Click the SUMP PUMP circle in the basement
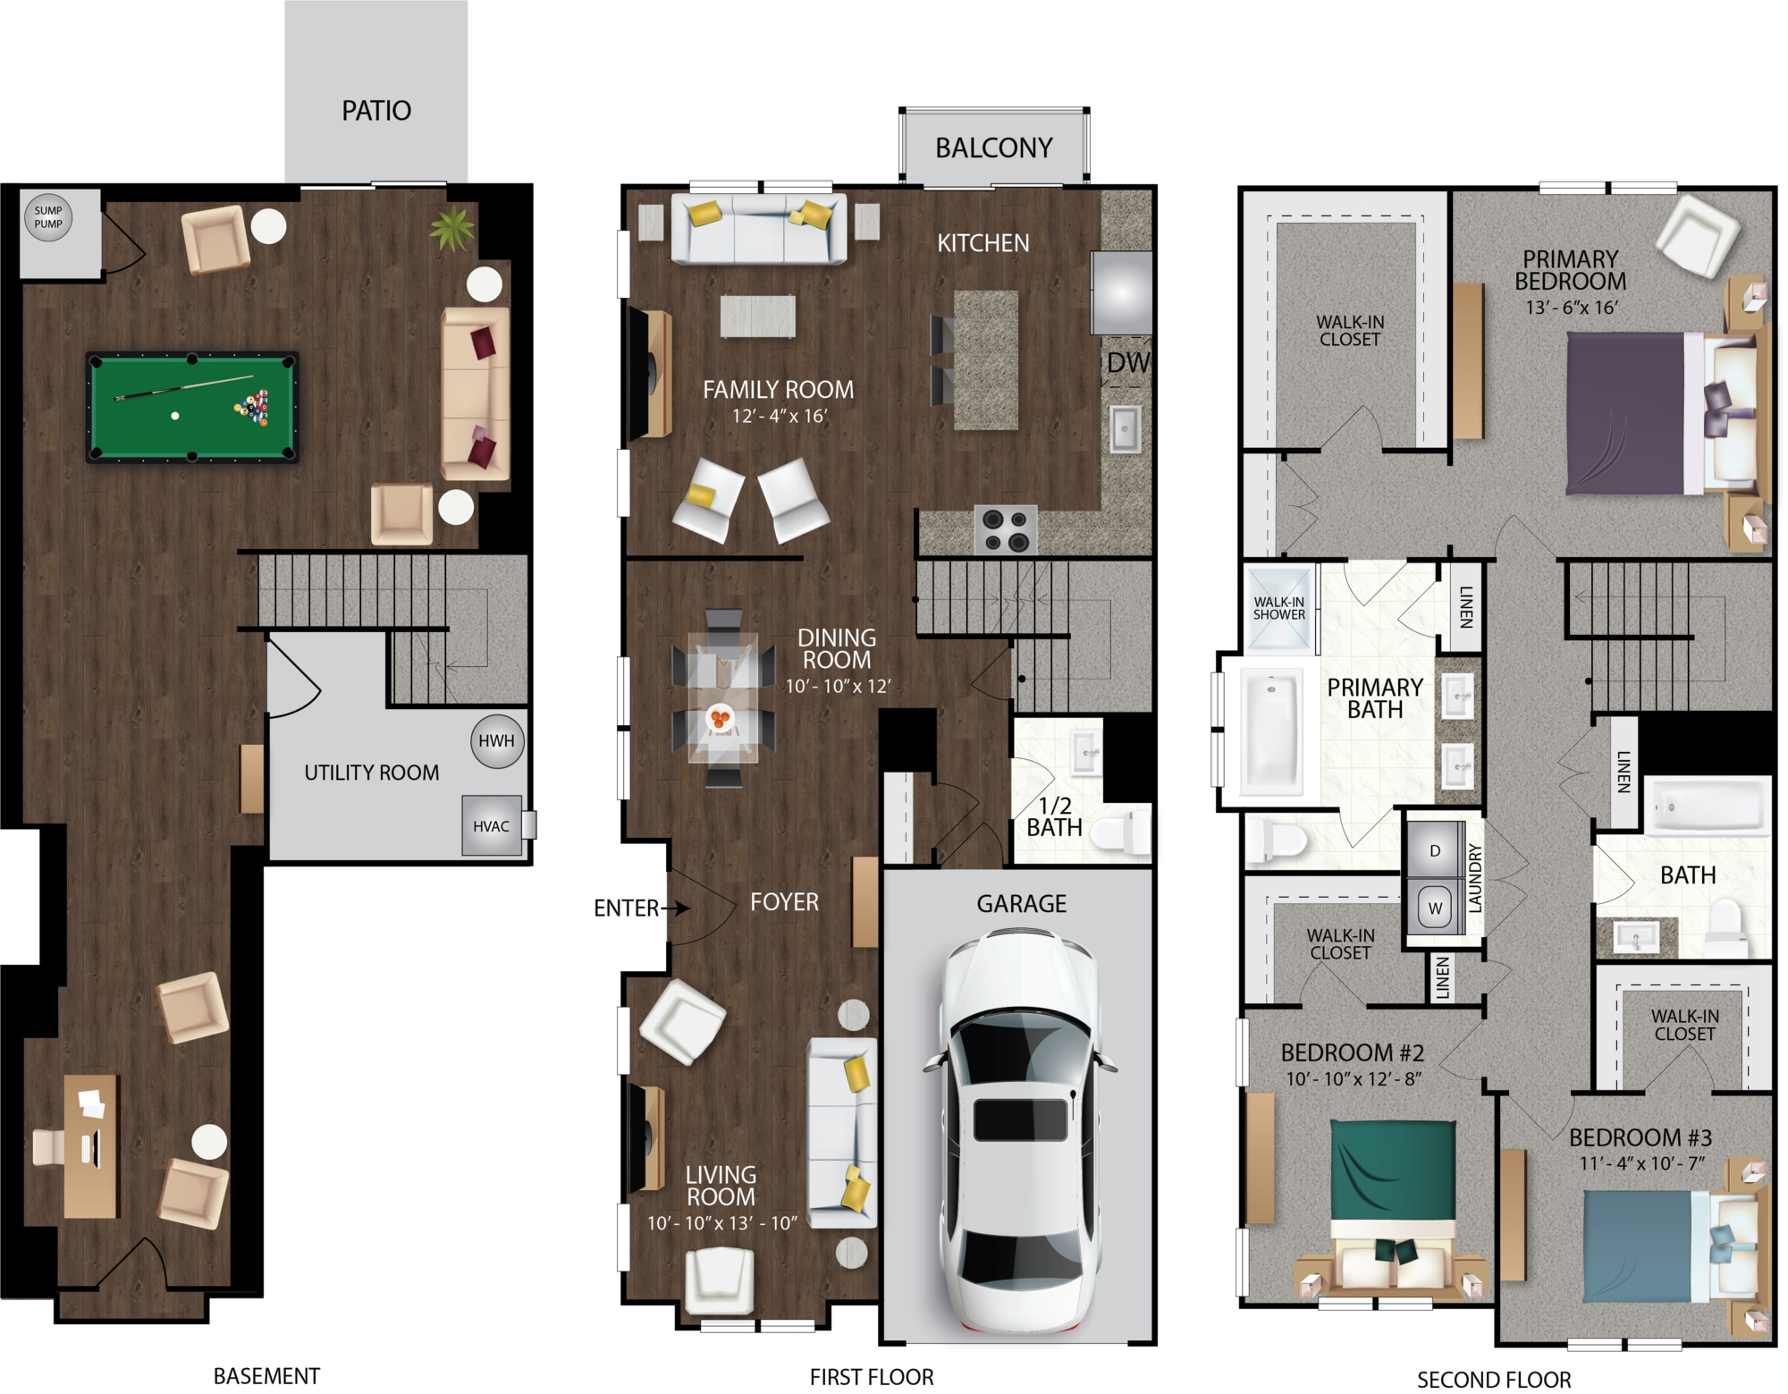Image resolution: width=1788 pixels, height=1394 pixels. point(48,217)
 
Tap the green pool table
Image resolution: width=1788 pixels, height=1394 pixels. point(192,407)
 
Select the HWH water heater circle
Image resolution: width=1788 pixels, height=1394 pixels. point(496,741)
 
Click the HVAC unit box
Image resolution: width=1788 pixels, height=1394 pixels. point(492,826)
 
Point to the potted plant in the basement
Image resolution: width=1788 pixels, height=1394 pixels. point(452,228)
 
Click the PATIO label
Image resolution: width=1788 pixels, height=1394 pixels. point(376,111)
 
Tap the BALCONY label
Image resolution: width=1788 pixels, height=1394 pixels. point(994,148)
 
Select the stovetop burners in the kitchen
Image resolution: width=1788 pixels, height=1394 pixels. point(1006,529)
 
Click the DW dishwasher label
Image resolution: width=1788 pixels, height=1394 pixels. point(1128,362)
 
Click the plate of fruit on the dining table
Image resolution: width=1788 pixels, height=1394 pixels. point(720,718)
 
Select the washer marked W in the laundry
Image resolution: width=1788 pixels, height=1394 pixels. point(1435,908)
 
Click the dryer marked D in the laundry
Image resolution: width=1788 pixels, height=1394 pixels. point(1435,850)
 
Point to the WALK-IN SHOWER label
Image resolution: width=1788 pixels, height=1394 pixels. point(1278,608)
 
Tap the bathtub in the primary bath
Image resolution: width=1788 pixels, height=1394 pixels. point(1270,732)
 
